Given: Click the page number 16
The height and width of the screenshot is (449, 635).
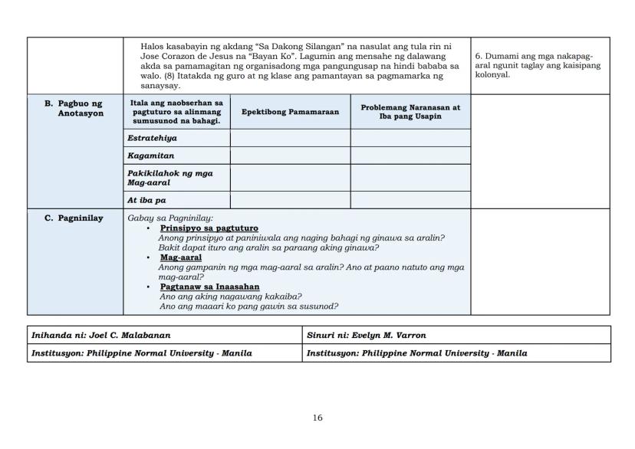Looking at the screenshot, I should [x=317, y=418].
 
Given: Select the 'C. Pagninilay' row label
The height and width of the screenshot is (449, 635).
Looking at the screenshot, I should [x=74, y=218].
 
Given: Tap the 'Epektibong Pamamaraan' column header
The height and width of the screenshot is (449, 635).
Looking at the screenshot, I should [x=290, y=112].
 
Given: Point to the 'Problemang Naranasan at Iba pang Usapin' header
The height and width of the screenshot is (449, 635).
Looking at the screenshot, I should [x=410, y=112].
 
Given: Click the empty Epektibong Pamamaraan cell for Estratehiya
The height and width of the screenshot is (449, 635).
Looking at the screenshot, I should [x=290, y=138].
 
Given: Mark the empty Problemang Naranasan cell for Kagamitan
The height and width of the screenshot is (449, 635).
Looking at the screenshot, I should [x=410, y=156].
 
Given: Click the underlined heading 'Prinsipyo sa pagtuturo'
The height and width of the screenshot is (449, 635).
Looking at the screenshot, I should [x=209, y=228].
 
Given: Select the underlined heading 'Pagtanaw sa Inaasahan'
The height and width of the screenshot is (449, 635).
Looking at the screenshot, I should [x=209, y=287].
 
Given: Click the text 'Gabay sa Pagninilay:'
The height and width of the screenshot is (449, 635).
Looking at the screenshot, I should [x=170, y=218].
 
